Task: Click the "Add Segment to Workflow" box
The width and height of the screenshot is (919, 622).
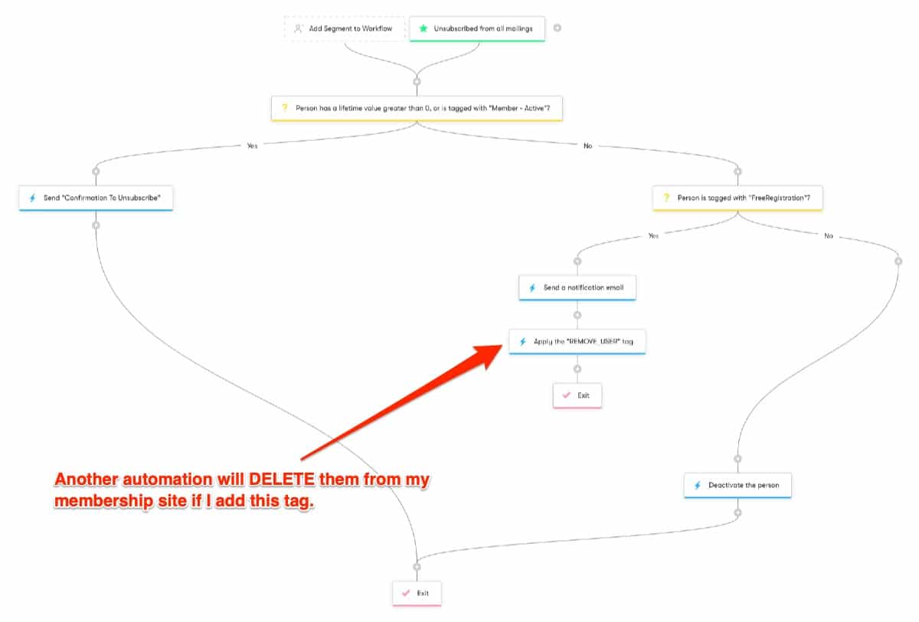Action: click(x=344, y=28)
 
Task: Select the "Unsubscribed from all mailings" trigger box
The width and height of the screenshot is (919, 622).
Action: click(x=477, y=28)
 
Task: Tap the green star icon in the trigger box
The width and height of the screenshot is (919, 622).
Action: click(x=423, y=28)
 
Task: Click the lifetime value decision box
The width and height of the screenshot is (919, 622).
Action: click(x=417, y=108)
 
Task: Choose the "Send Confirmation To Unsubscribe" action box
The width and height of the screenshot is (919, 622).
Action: click(x=96, y=198)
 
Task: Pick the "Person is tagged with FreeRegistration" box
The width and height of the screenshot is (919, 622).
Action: click(x=737, y=198)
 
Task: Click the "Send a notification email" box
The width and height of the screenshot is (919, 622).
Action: click(x=577, y=287)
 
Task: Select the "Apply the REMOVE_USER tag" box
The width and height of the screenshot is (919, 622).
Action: click(x=577, y=342)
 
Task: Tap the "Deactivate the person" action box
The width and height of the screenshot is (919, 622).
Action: click(x=737, y=486)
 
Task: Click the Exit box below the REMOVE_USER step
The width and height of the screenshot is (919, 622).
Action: click(x=577, y=395)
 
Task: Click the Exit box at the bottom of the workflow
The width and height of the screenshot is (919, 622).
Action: click(x=417, y=594)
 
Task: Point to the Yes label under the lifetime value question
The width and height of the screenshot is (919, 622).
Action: click(x=252, y=146)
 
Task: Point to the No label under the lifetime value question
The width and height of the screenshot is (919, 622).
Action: click(x=588, y=146)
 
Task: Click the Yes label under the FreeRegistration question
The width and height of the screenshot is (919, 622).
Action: click(x=653, y=235)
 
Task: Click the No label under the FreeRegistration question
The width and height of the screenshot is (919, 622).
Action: click(x=829, y=236)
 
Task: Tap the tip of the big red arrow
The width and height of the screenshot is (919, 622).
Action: click(x=502, y=345)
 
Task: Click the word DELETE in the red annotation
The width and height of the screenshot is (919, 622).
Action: click(x=282, y=480)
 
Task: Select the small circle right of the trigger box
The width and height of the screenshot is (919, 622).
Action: click(x=558, y=28)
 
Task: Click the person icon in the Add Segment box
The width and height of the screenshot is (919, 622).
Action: click(x=298, y=28)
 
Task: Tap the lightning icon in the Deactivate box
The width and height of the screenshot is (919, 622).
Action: click(x=698, y=486)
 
